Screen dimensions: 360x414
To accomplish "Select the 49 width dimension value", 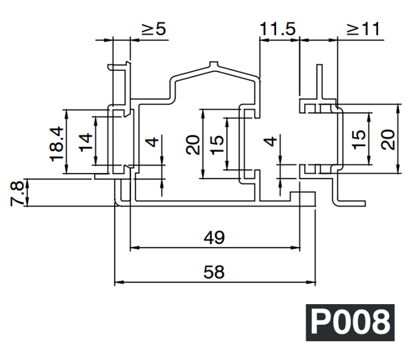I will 215,237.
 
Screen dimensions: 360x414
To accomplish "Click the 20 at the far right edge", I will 388,140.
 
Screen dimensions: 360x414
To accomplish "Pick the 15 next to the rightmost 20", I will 359,140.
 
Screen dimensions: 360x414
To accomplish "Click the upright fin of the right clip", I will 319,83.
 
